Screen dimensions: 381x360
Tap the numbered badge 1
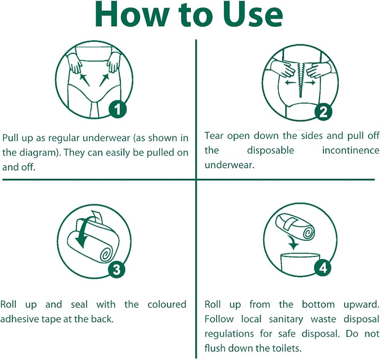click(117, 109)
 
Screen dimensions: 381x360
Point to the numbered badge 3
click(117, 270)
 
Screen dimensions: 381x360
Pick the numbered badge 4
click(323, 268)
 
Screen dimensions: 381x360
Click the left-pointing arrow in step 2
click(290, 83)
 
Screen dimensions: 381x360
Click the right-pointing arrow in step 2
click(310, 83)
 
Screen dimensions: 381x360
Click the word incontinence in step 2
click(351, 150)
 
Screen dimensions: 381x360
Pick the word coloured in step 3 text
click(167, 305)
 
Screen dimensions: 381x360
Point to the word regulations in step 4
click(229, 334)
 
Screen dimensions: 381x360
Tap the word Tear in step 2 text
click(214, 136)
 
